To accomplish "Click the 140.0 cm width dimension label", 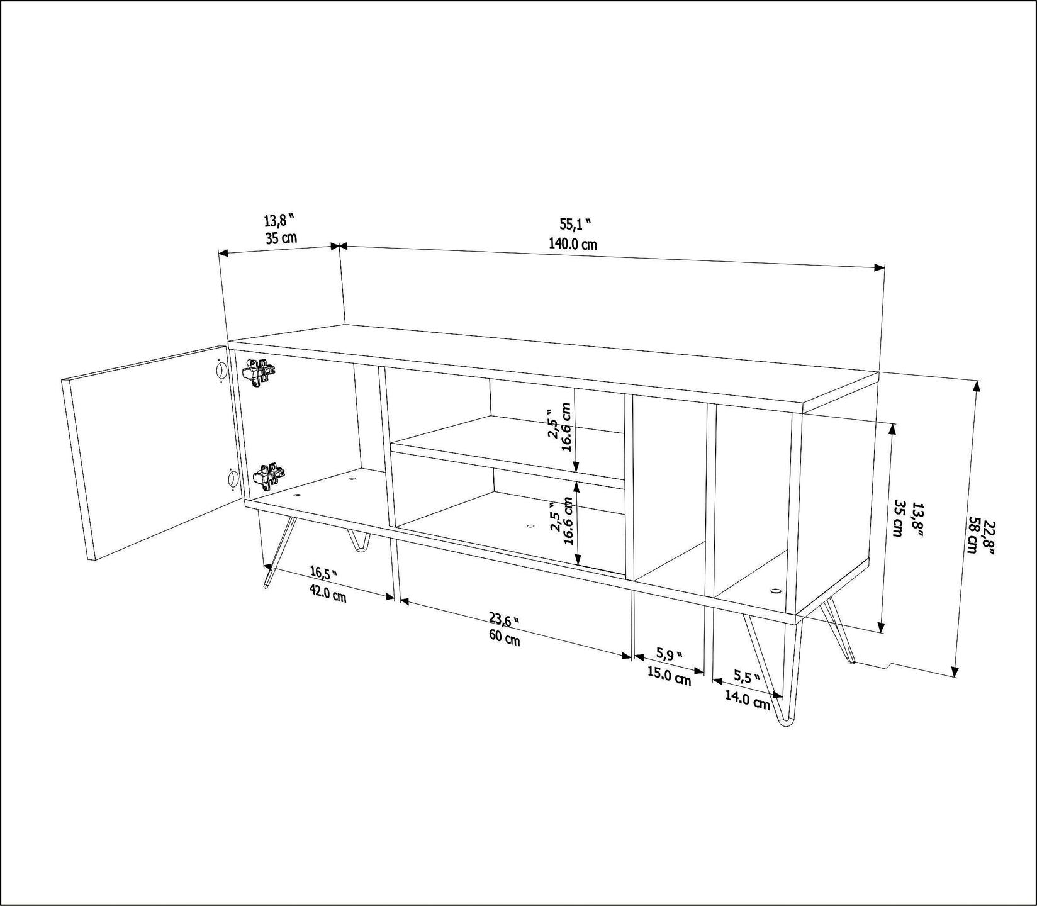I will click(573, 244).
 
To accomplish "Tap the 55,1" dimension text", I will click(575, 223).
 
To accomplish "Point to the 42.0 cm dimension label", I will click(327, 593).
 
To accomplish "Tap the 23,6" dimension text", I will click(505, 620).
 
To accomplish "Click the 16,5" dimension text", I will click(323, 573).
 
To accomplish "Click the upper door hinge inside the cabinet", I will click(259, 372).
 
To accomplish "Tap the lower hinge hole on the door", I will click(231, 479).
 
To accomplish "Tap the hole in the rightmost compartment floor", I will click(774, 591).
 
